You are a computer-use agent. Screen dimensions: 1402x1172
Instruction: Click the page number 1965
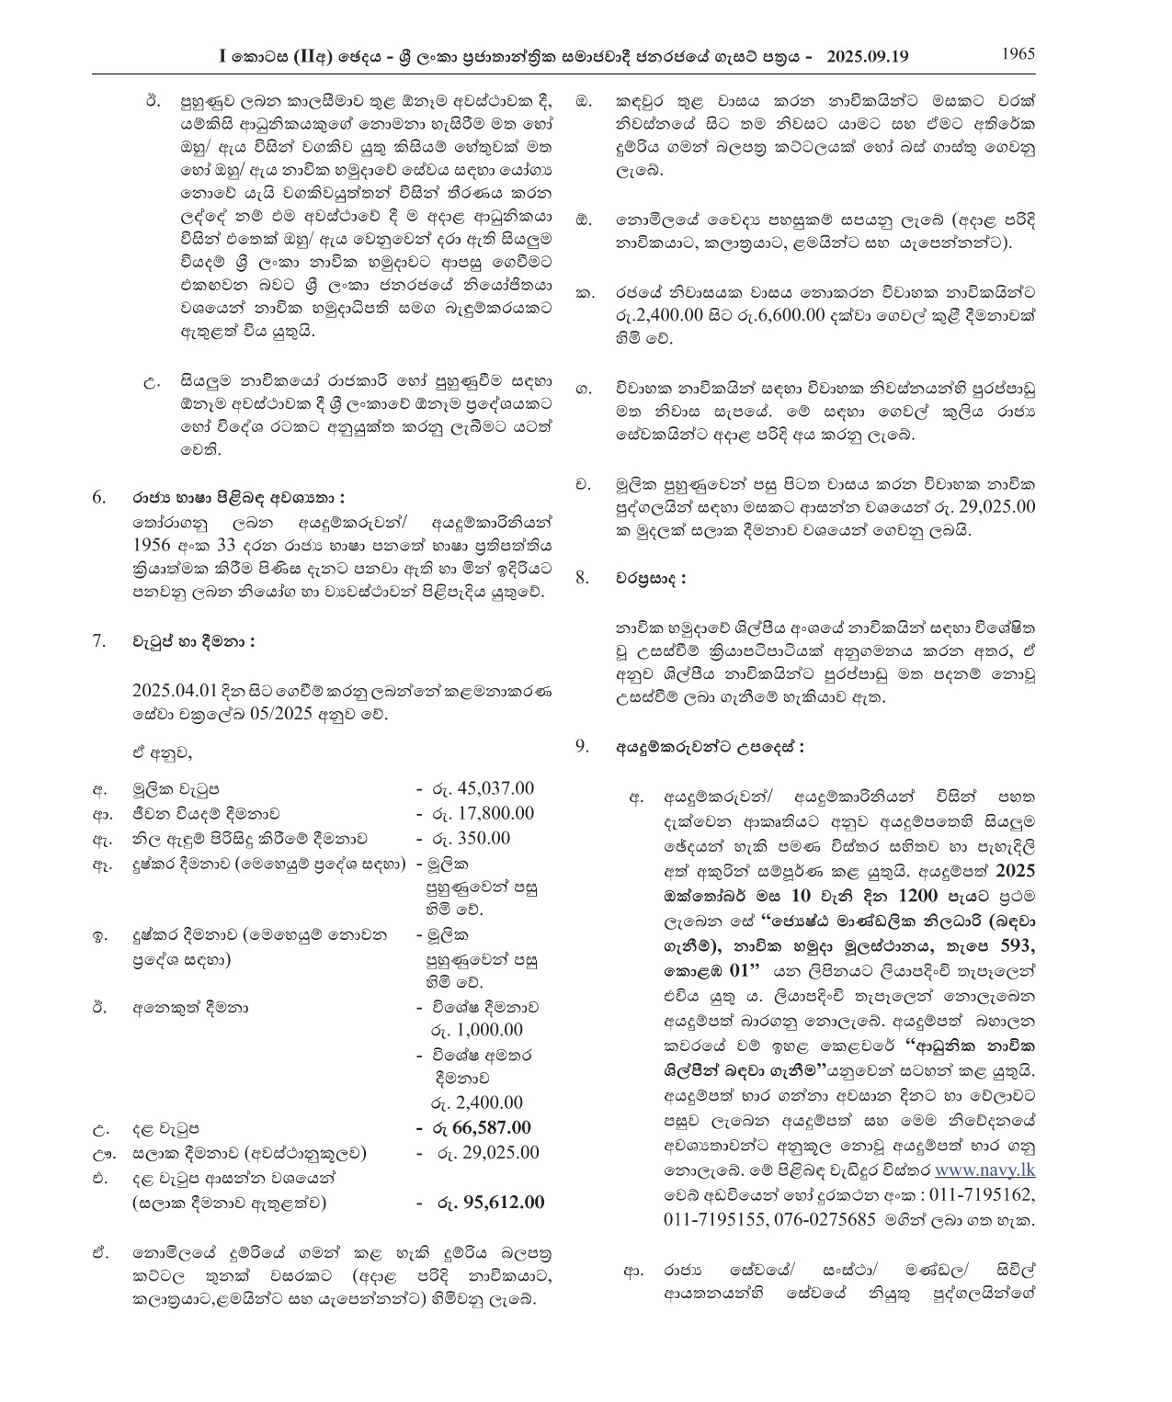tap(1018, 53)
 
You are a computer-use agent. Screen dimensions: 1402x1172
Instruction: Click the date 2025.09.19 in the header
tap(868, 56)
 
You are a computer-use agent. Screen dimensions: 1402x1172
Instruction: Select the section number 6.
tap(100, 497)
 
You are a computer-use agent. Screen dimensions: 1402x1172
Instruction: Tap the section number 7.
tap(100, 640)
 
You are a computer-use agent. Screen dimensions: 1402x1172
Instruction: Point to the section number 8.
tap(583, 579)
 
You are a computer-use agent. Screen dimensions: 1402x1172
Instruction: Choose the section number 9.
tap(583, 746)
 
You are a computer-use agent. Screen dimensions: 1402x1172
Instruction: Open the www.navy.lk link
tap(984, 1197)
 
